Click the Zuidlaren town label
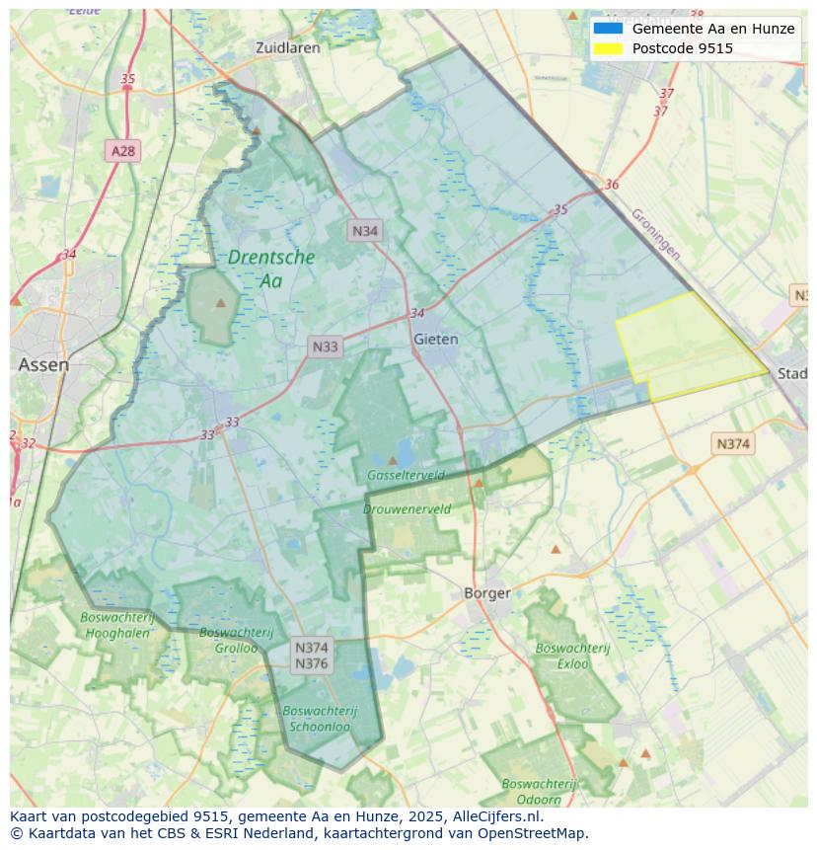tap(287, 47)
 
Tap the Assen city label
tap(43, 364)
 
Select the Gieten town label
tap(435, 339)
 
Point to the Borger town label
tap(487, 593)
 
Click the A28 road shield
tap(123, 151)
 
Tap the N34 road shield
tap(365, 231)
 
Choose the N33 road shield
tap(325, 347)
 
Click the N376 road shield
tap(312, 663)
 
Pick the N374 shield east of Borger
tap(732, 444)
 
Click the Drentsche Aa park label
tap(271, 269)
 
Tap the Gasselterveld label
tap(406, 475)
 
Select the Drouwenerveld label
tap(407, 509)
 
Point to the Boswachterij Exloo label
tap(572, 656)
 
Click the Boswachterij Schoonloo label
tap(319, 718)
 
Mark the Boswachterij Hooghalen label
tap(116, 625)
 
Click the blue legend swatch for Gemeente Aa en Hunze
tap(608, 29)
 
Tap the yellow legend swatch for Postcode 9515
tap(608, 48)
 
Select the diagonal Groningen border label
tap(656, 234)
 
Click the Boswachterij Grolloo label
tap(229, 640)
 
